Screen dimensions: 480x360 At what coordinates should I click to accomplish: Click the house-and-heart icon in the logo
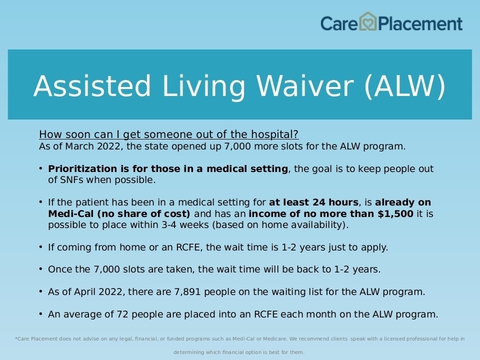(x=367, y=21)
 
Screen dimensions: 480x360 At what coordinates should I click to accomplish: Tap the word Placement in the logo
(x=420, y=24)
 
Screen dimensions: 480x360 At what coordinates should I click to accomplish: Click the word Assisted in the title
(x=92, y=86)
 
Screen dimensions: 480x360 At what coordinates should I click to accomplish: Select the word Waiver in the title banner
(x=305, y=86)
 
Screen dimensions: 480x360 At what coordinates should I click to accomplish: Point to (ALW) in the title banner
(x=405, y=86)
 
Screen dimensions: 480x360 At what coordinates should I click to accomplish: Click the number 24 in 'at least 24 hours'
(x=318, y=202)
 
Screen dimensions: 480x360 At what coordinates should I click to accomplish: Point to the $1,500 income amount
(x=395, y=213)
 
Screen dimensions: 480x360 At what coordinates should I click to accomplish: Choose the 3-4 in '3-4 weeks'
(x=169, y=224)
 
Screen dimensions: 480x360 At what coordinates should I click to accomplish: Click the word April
(x=84, y=292)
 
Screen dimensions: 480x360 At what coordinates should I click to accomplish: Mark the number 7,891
(x=187, y=291)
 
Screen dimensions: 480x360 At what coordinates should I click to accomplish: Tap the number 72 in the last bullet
(x=122, y=314)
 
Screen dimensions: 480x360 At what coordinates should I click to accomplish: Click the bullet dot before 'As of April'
(x=40, y=291)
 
